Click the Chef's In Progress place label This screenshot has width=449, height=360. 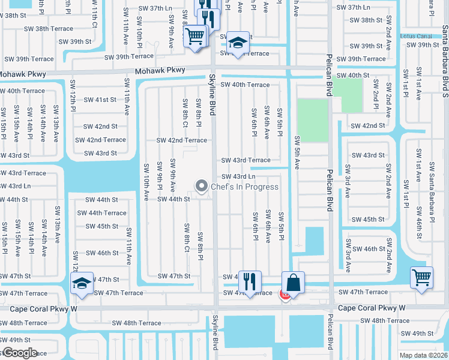[x=244, y=187]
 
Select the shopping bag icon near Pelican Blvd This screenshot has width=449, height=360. [x=293, y=281]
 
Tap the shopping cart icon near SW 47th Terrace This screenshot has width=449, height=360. [x=422, y=277]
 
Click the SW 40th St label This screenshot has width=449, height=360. [x=361, y=75]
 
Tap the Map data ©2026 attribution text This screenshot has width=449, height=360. [x=423, y=355]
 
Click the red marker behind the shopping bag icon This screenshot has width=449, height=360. [x=285, y=294]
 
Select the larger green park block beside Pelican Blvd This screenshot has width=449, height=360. [x=312, y=120]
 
